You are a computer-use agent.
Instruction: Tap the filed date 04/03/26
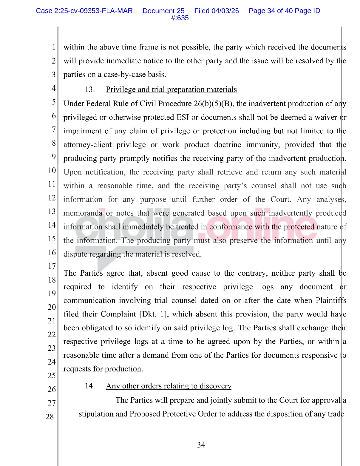tap(225, 11)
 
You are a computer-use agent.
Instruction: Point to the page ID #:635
tap(180, 18)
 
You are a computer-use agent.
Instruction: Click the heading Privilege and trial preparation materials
tap(171, 90)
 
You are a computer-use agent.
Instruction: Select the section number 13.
tap(90, 90)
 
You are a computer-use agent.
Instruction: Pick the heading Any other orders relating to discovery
tap(169, 386)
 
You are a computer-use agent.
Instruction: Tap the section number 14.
tap(90, 386)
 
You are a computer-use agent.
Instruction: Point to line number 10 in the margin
tap(52, 170)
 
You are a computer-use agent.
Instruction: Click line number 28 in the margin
tap(50, 416)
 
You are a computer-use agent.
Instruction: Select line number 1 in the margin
tap(54, 47)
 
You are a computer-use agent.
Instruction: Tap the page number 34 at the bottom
tap(201, 445)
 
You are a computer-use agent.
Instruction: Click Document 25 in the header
tap(163, 11)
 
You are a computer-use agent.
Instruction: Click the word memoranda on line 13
tap(83, 213)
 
